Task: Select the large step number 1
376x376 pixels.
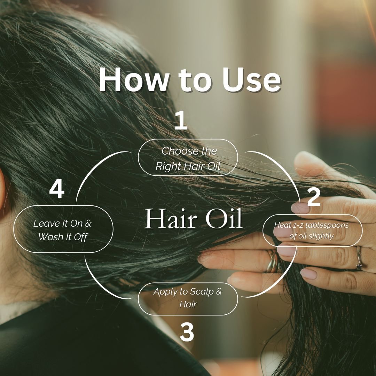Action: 181,121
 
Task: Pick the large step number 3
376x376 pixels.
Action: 187,332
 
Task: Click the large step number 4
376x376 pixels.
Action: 56,190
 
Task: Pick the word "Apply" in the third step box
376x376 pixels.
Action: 165,291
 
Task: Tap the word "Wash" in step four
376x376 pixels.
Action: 50,237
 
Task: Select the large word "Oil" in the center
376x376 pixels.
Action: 223,220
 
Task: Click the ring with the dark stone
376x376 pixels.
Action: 359,259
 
